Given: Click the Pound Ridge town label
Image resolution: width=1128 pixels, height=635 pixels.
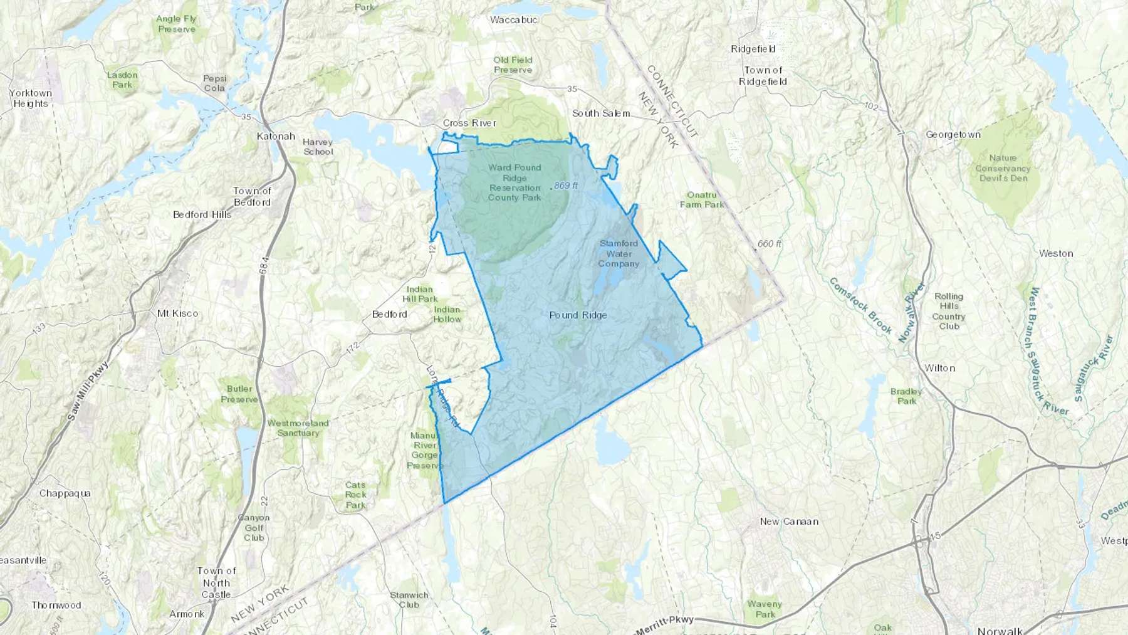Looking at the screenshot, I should click(x=578, y=315).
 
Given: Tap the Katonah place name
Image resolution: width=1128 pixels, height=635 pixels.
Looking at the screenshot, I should click(x=276, y=136).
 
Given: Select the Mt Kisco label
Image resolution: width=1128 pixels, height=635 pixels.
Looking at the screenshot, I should click(x=177, y=313).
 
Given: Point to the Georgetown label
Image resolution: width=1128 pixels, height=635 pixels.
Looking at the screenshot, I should click(x=953, y=135).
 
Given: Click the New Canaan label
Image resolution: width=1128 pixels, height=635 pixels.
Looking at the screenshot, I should click(x=789, y=522).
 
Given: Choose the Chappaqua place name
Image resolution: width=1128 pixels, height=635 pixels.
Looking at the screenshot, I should click(x=65, y=493).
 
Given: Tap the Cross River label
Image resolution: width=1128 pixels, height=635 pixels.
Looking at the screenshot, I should click(x=469, y=123).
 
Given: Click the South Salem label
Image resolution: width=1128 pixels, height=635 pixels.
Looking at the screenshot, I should click(x=601, y=113).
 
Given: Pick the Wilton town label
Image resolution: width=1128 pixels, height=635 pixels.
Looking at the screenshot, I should click(x=940, y=368).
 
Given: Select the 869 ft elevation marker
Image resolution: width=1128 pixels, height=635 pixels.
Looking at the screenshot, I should click(x=565, y=186).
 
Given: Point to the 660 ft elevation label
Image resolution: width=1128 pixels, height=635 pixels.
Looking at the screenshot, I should click(x=769, y=244).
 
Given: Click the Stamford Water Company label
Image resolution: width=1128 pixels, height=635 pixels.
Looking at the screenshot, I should click(x=619, y=253).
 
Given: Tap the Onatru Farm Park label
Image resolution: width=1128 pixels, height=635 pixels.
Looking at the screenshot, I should click(x=702, y=200).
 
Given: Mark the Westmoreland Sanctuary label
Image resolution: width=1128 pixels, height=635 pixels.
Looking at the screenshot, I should click(x=298, y=428).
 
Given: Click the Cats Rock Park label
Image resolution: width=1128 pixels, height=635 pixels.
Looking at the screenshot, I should click(x=355, y=495).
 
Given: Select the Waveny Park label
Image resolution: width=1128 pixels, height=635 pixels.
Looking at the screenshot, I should click(x=765, y=609).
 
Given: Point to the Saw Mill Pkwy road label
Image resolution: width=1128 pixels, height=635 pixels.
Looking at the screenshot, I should click(x=87, y=391).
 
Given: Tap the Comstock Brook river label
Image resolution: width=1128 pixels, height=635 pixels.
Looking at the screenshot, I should click(x=860, y=305).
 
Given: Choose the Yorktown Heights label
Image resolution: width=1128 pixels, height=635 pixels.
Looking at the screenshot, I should click(x=31, y=98).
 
